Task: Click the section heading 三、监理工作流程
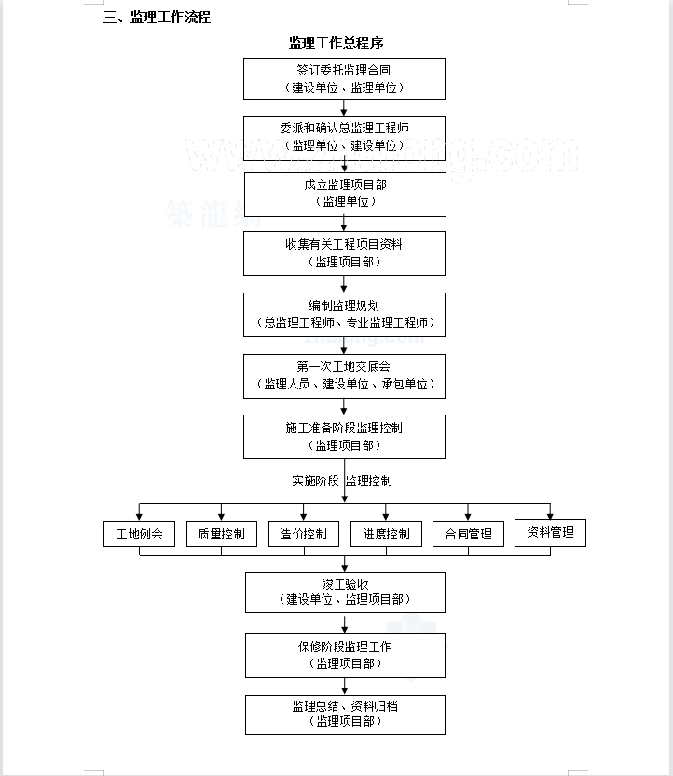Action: (x=157, y=18)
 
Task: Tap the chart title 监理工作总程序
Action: (x=336, y=43)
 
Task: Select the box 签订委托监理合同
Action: (x=344, y=78)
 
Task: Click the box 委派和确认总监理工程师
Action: (x=344, y=139)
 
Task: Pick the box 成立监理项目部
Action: (x=345, y=195)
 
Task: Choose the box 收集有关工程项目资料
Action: (x=344, y=253)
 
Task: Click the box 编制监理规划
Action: (x=344, y=315)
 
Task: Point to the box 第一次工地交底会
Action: (x=344, y=376)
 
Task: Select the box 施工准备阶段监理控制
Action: (x=344, y=437)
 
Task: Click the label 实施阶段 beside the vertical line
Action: (x=315, y=481)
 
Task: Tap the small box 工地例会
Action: (x=139, y=534)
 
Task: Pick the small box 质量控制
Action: (x=221, y=534)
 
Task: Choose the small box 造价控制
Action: (x=304, y=534)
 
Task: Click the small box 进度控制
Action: (x=386, y=534)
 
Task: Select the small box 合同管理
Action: (x=468, y=534)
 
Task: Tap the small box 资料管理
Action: (x=550, y=533)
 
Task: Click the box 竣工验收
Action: (x=345, y=592)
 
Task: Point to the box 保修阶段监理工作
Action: (x=345, y=656)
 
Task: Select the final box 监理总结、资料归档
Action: (x=345, y=715)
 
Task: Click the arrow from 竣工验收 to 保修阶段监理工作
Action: (x=345, y=623)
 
